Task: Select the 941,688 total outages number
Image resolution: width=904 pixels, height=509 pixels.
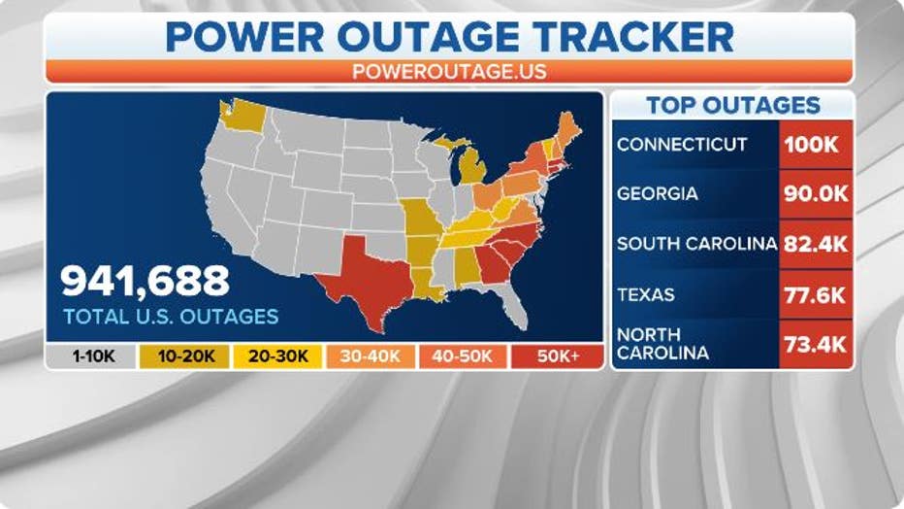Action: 145,280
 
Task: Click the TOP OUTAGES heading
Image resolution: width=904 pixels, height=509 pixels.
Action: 733,106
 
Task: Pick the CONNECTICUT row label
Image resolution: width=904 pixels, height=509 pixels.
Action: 682,145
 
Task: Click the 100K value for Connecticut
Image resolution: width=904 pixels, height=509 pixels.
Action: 816,145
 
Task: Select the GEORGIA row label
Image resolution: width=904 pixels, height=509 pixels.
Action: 658,193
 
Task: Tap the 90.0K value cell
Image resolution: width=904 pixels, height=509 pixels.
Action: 816,193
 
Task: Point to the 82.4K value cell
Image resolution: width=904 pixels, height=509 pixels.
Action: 816,244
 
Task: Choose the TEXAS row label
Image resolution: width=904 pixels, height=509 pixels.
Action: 646,294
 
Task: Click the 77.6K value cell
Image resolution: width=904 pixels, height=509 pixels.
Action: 816,294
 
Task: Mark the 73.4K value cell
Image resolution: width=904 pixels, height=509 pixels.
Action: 816,344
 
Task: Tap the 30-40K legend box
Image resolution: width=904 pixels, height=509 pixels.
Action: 369,356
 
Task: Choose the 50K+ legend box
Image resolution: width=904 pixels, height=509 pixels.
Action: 557,356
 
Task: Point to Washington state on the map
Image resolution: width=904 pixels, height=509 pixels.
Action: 243,116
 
